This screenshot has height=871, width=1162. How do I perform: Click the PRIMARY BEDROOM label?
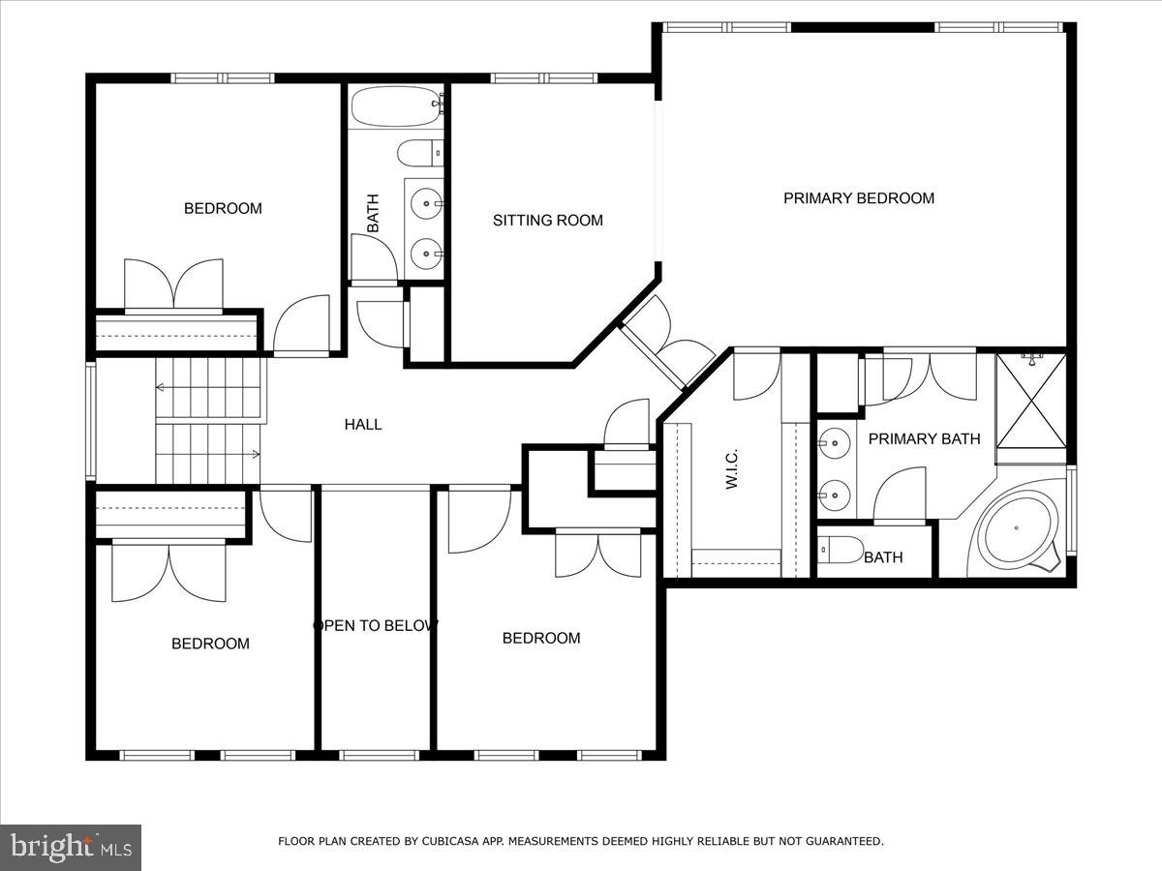[x=858, y=198]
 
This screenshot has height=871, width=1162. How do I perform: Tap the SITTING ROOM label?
[x=547, y=221]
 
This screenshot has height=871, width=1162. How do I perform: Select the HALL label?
[x=363, y=424]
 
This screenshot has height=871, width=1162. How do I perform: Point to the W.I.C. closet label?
[x=732, y=467]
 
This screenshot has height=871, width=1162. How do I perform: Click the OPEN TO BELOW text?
[x=376, y=625]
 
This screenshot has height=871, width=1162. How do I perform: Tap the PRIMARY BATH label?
[x=924, y=438]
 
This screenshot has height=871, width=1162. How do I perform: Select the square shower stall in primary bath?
[x=1031, y=401]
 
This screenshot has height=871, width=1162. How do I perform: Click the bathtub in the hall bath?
[x=396, y=106]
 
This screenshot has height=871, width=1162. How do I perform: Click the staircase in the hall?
[x=208, y=420]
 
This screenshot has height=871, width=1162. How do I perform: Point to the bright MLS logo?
[x=71, y=847]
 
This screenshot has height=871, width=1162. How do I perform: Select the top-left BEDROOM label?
[x=223, y=208]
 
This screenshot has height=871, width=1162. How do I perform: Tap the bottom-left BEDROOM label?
[x=210, y=644]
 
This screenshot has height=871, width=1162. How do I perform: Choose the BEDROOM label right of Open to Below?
[x=540, y=638]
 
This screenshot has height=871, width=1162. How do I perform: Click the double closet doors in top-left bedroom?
[x=174, y=285]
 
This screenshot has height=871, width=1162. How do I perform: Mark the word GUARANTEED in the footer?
[x=840, y=842]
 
